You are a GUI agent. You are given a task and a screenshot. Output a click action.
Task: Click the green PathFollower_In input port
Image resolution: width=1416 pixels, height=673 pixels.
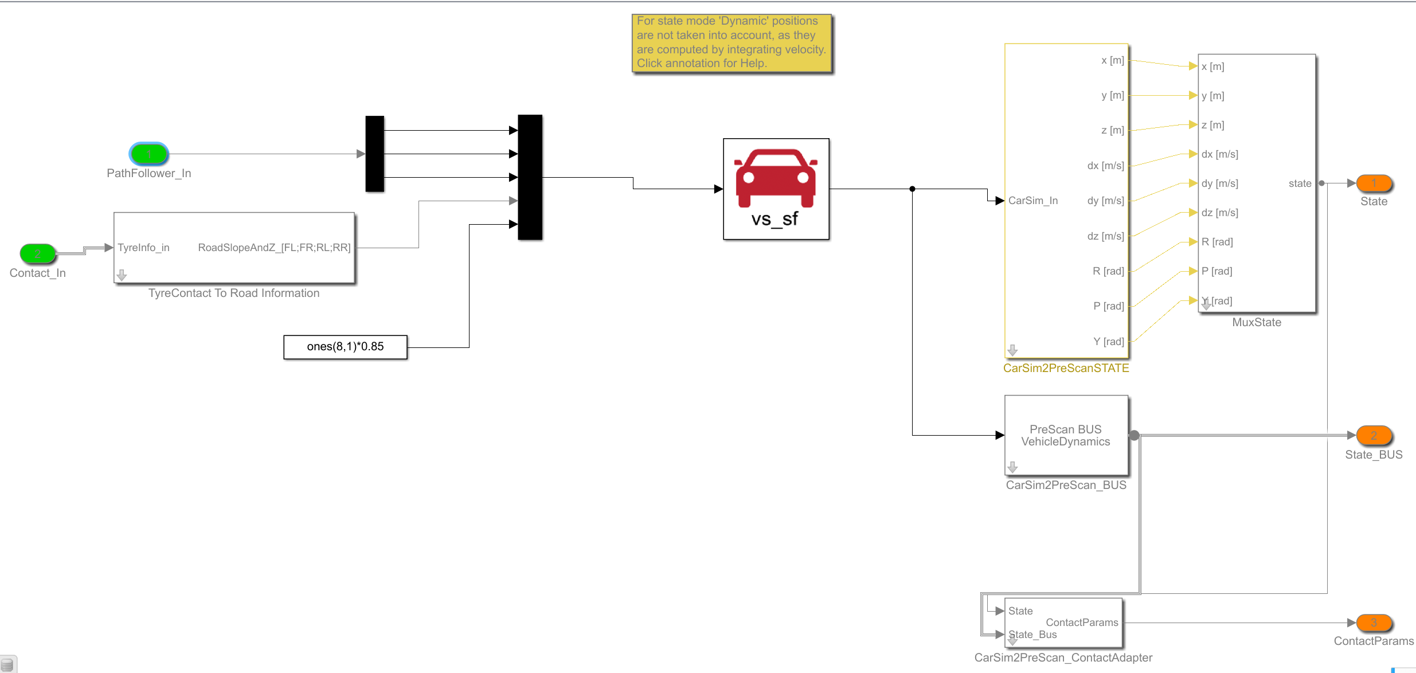coord(149,154)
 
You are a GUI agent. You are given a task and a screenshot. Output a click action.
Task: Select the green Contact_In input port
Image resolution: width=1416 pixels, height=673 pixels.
coord(38,253)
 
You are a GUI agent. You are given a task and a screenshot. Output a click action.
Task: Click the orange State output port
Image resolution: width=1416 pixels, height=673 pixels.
coord(1374,183)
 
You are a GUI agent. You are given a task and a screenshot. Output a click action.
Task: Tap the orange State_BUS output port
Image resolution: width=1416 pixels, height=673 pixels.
coord(1374,436)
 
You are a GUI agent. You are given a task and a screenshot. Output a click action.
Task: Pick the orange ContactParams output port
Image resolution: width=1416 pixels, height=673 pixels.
coord(1374,623)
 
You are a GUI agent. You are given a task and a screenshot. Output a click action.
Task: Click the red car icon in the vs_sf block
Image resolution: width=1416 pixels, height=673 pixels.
coord(776,178)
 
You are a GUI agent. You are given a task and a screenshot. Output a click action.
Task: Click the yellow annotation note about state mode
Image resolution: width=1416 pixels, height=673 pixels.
coord(732,43)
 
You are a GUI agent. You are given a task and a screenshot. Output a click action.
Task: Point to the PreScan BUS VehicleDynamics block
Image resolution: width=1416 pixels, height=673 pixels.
coord(1066,436)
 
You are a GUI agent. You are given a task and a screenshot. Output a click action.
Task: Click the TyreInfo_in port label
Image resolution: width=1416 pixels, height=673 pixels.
coord(144,248)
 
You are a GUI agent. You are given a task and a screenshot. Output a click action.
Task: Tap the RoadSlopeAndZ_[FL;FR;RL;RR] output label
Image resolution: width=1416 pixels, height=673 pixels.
coord(274,248)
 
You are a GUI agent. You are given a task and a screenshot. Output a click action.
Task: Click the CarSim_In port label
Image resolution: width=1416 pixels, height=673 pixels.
coord(1033,201)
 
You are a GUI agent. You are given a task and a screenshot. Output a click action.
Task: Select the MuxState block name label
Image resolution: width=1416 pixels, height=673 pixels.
coord(1257,323)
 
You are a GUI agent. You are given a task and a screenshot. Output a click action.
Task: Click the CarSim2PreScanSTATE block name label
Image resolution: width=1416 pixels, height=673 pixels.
coord(1066,369)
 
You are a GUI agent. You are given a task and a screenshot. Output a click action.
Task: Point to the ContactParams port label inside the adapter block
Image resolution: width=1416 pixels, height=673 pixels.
coord(1082,623)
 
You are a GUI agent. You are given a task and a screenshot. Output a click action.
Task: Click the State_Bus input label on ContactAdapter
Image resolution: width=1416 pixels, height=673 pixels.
coord(1033,635)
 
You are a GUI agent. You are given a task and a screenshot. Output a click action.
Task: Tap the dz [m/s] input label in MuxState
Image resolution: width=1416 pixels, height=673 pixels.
coord(1220,213)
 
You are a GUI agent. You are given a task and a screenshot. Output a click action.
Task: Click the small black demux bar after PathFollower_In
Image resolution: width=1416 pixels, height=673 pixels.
coord(375,154)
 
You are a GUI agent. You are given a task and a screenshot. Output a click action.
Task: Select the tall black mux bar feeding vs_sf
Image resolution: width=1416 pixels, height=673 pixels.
coord(530,177)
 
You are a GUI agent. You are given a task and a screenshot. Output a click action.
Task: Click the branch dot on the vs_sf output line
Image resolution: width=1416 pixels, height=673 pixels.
coord(912,189)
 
